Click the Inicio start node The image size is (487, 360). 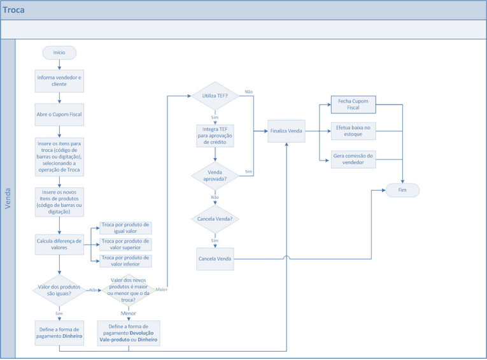tap(59, 52)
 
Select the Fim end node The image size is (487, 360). tap(402, 190)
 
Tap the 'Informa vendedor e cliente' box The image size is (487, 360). tap(59, 80)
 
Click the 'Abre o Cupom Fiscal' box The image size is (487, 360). tap(59, 115)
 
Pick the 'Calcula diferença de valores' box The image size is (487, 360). tap(59, 244)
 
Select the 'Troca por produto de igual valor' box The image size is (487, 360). tap(125, 228)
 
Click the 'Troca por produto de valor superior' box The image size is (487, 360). tap(125, 244)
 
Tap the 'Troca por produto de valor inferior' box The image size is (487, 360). tap(125, 261)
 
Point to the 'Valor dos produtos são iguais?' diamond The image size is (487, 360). tap(59, 290)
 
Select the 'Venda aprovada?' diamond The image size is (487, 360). tap(215, 176)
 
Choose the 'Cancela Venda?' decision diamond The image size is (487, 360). tap(215, 219)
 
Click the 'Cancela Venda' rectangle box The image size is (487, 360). tap(215, 259)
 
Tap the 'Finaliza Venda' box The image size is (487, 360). tap(286, 131)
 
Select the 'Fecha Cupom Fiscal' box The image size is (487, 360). tap(353, 104)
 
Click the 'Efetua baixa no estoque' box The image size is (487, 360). tap(353, 131)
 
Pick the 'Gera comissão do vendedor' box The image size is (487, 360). tap(353, 159)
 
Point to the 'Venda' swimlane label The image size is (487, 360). tap(8, 198)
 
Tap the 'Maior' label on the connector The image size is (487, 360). tap(161, 290)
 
